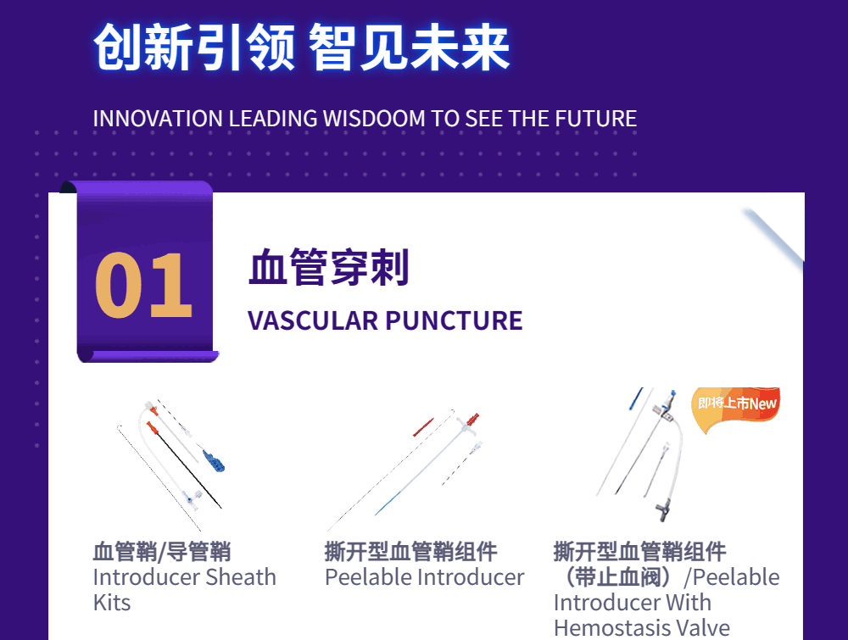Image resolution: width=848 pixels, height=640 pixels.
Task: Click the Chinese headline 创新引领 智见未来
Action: tap(302, 47)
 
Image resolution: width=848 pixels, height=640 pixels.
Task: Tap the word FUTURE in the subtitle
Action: tap(596, 119)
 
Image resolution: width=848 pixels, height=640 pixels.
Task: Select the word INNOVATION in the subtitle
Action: tap(158, 119)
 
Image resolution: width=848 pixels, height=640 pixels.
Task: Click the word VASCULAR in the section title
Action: tap(313, 320)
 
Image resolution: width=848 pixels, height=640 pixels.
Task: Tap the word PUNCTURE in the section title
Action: tap(454, 320)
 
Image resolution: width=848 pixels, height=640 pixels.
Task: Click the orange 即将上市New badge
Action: tap(736, 407)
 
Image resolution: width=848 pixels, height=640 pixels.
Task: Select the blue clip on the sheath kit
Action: tap(214, 460)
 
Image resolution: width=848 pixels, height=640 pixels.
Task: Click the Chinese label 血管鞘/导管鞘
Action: tap(162, 552)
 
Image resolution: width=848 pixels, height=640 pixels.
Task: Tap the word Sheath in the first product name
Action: tap(241, 577)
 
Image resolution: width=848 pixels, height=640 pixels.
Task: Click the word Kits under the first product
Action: tap(112, 602)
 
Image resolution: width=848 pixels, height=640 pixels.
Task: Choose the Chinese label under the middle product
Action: tap(410, 552)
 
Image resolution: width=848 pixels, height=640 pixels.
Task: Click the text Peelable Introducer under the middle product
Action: tap(425, 577)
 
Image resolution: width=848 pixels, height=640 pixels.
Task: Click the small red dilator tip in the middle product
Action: tap(423, 427)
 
